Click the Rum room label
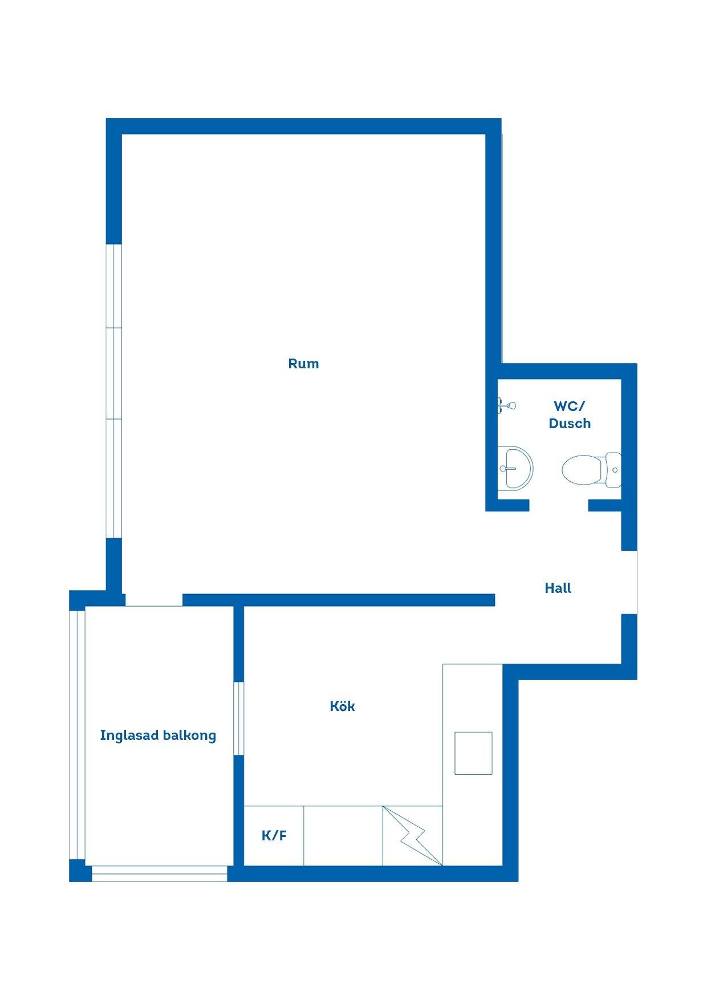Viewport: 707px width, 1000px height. tap(303, 364)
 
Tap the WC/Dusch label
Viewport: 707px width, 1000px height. tap(570, 414)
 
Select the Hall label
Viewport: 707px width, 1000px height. tap(558, 588)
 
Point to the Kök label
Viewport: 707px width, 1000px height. tap(342, 706)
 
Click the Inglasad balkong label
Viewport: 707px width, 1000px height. tap(158, 735)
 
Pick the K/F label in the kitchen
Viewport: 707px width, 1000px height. tap(274, 836)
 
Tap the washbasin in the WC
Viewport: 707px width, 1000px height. tap(515, 468)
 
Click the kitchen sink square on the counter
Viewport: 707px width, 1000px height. tap(473, 753)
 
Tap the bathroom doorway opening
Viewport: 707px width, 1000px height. tap(559, 505)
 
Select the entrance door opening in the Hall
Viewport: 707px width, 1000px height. tap(629, 582)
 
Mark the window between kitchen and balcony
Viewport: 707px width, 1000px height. tap(239, 718)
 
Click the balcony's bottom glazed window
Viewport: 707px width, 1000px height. tap(160, 874)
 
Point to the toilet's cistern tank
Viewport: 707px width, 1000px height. tap(613, 470)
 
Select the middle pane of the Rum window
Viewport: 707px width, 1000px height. tap(114, 373)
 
